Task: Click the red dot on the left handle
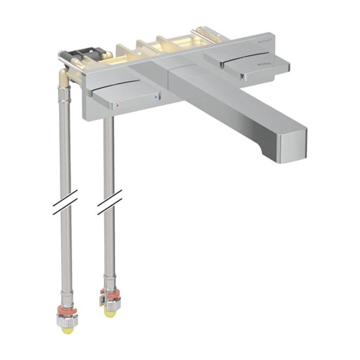(118, 103)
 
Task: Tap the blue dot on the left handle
(155, 96)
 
